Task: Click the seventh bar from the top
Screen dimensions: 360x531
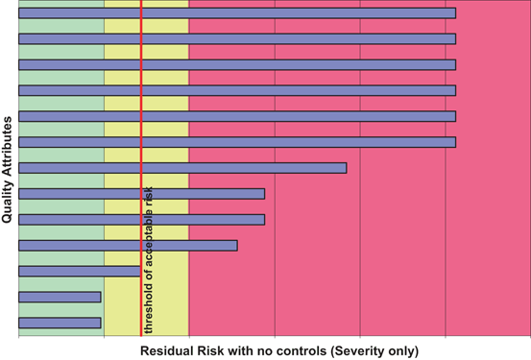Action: pyautogui.click(x=182, y=168)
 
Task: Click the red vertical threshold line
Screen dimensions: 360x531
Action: pyautogui.click(x=141, y=96)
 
